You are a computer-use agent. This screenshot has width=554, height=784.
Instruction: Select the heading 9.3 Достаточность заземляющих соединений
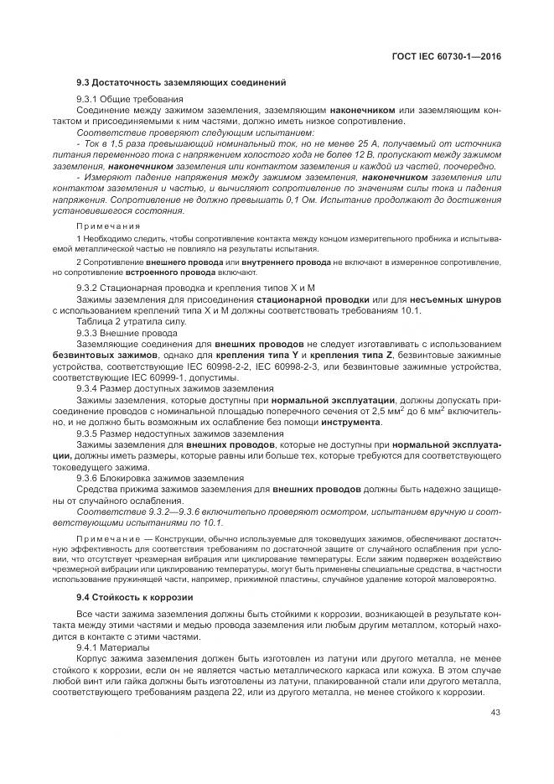(x=181, y=83)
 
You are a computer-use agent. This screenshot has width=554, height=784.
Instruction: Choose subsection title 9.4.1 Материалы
(x=113, y=647)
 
